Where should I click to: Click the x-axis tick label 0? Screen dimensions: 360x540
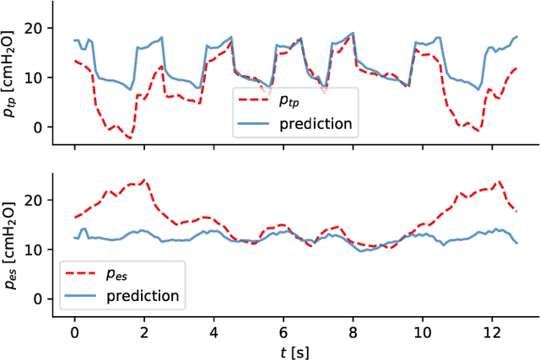click(x=74, y=327)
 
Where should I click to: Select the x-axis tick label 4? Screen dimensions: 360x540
click(x=213, y=327)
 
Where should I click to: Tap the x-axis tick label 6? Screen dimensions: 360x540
click(x=283, y=327)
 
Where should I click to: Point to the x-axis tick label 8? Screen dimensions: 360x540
click(x=353, y=327)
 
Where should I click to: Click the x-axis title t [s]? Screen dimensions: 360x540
click(x=294, y=347)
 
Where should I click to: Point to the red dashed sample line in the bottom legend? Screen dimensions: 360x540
click(x=78, y=275)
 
